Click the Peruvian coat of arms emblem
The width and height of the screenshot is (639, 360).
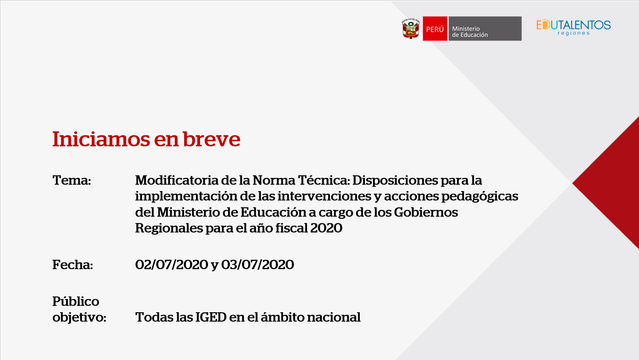pyautogui.click(x=411, y=29)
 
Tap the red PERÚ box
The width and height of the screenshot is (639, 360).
pyautogui.click(x=435, y=29)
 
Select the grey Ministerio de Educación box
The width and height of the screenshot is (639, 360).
pyautogui.click(x=485, y=29)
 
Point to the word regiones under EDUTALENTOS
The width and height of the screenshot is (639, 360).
pyautogui.click(x=573, y=33)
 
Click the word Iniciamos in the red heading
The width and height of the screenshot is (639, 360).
pyautogui.click(x=101, y=139)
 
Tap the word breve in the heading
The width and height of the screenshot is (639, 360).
pyautogui.click(x=211, y=139)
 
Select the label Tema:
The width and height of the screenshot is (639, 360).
pyautogui.click(x=72, y=180)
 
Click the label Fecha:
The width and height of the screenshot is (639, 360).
pyautogui.click(x=73, y=264)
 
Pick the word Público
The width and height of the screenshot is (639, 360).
pyautogui.click(x=76, y=301)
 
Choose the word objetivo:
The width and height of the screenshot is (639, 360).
pyautogui.click(x=79, y=317)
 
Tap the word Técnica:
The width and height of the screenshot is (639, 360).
pyautogui.click(x=324, y=180)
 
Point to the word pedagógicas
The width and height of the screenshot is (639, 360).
pyautogui.click(x=480, y=197)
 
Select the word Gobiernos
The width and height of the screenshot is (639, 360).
pyautogui.click(x=426, y=212)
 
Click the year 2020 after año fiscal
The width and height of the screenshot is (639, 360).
pyautogui.click(x=326, y=228)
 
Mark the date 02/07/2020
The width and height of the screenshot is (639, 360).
pyautogui.click(x=172, y=264)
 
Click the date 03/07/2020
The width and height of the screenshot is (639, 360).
pyautogui.click(x=257, y=264)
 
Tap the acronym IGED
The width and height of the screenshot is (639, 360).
pyautogui.click(x=211, y=317)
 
